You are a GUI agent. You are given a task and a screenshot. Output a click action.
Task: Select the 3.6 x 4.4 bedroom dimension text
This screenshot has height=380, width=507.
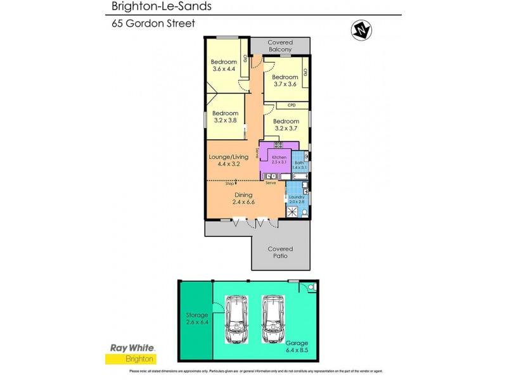tap(223, 69)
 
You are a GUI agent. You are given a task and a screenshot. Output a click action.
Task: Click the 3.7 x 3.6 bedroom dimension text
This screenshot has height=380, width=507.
tap(285, 84)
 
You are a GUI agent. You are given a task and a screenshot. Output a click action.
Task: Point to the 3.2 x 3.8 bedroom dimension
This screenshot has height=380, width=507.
tap(224, 120)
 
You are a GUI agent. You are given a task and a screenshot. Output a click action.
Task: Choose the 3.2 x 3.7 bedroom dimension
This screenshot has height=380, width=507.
tap(286, 129)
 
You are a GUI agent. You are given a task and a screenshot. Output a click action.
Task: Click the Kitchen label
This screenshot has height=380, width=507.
tap(279, 157)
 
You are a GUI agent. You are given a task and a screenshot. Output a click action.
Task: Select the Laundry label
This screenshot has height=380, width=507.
tap(296, 197)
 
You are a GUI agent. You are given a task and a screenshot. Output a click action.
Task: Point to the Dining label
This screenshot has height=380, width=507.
tap(243, 195)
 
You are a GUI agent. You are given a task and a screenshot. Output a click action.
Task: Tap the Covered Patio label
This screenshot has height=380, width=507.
tap(280, 252)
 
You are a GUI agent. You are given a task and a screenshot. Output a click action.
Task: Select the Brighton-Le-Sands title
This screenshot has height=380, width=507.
tap(152, 6)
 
